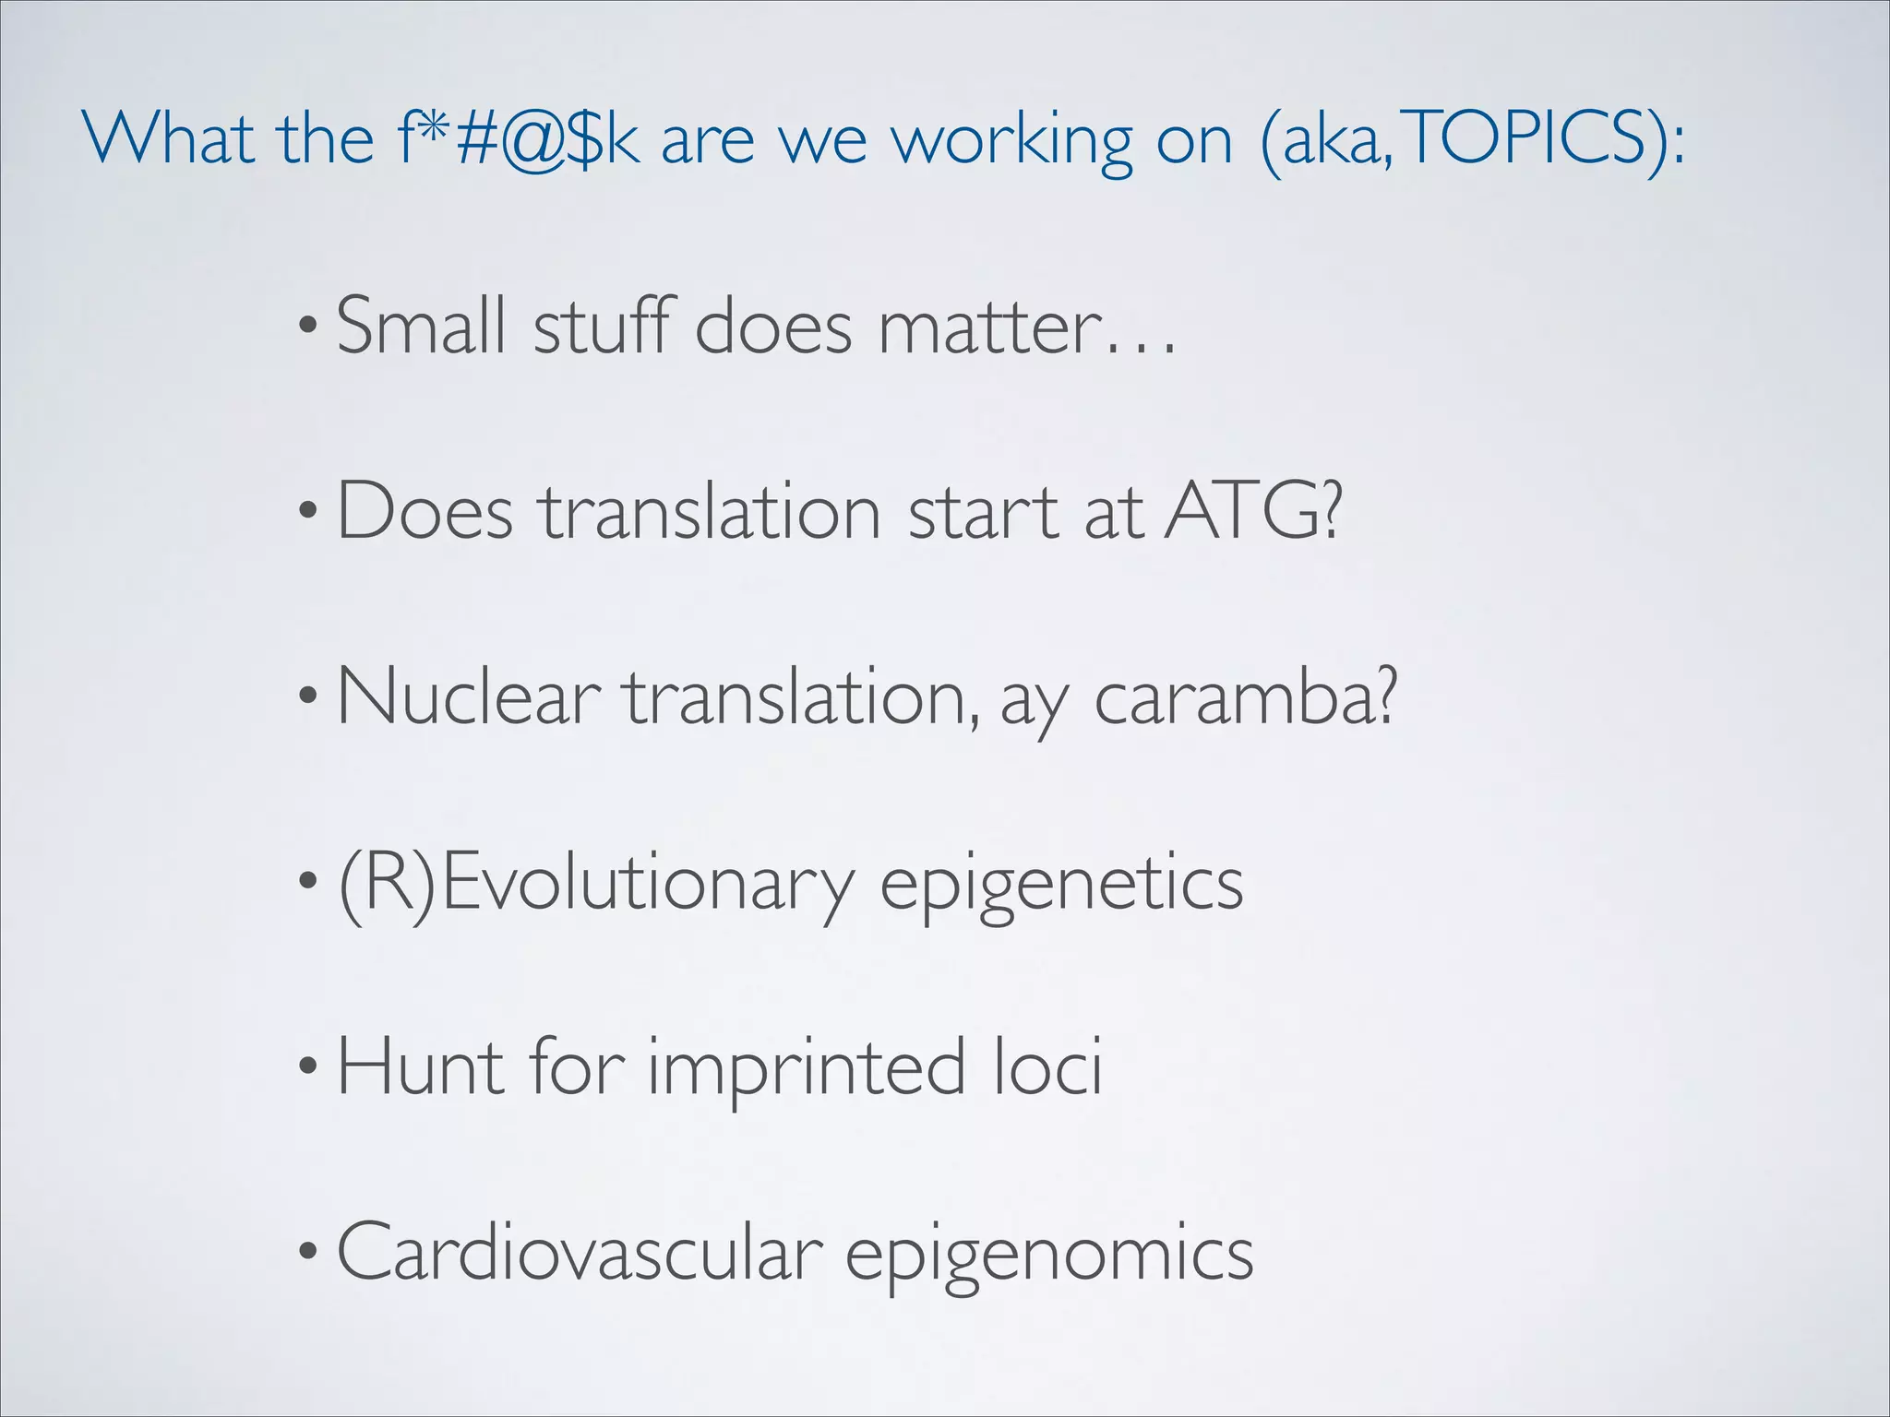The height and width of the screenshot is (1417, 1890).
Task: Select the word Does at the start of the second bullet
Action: pos(425,510)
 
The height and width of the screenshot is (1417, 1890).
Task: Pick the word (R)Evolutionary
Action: pos(596,884)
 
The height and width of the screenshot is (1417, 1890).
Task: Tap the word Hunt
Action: pos(421,1066)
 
